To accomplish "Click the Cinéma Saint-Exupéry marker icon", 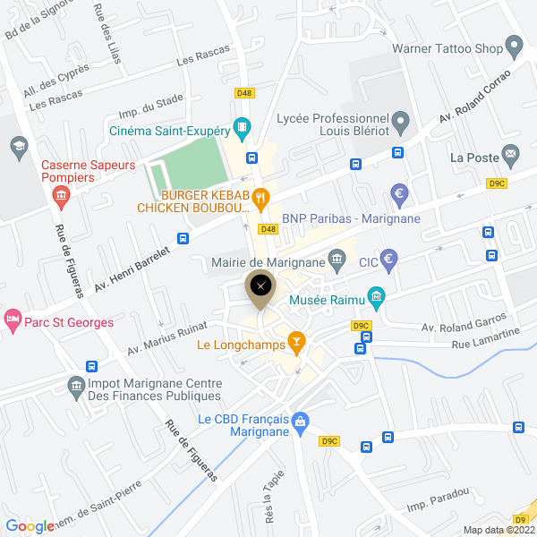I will (241, 127).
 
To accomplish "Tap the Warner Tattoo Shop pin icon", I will (514, 44).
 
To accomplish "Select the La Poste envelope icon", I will (511, 154).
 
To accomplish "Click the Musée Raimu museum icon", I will (377, 294).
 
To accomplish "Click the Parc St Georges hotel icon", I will (12, 318).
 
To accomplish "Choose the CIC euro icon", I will (389, 261).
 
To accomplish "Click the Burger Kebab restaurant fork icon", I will (260, 199).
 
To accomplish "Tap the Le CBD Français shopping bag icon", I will (301, 420).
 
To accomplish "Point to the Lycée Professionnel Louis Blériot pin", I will (400, 119).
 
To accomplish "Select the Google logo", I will (30, 526).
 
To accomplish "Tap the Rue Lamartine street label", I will (485, 343).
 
